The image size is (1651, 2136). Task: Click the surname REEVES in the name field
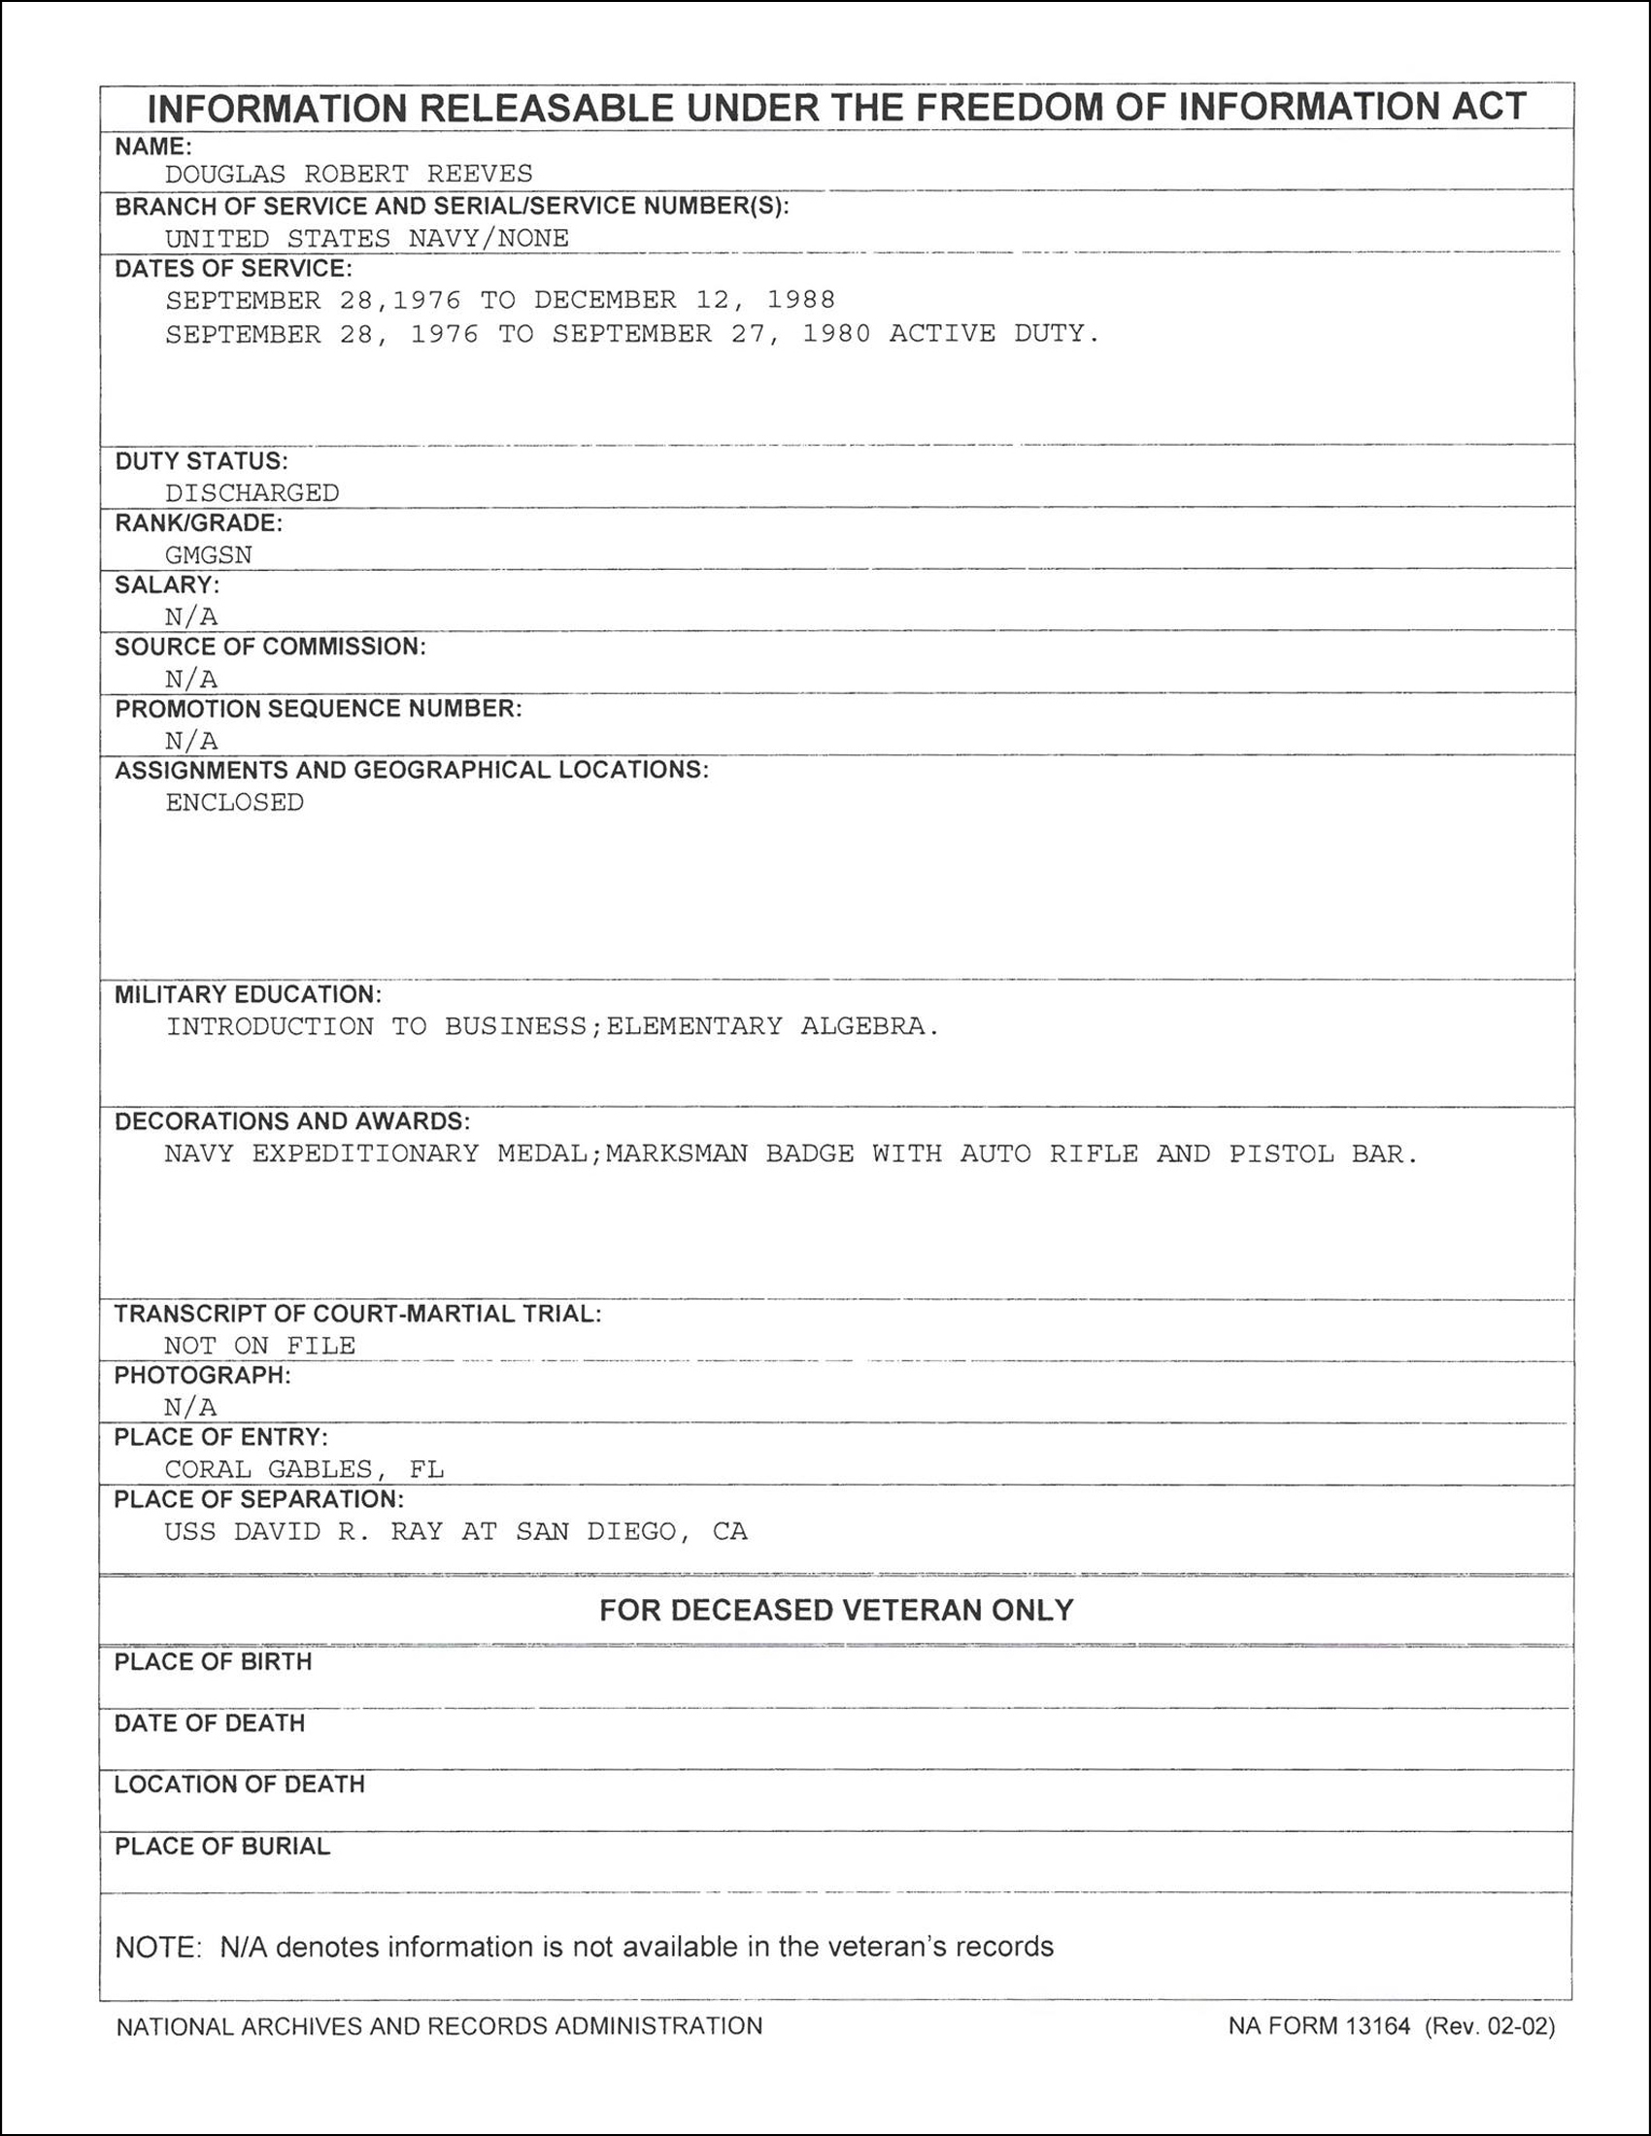coord(479,174)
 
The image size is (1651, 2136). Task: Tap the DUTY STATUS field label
coord(201,460)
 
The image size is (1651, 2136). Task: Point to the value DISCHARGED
coord(252,493)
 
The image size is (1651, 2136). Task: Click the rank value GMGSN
coord(209,554)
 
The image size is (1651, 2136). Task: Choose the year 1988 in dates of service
coord(801,299)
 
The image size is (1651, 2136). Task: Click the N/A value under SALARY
coord(190,617)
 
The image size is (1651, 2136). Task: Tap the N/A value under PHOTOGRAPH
coord(189,1407)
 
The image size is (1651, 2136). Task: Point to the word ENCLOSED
coord(235,802)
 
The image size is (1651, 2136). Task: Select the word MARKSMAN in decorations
coord(676,1154)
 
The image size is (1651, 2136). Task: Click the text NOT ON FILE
coord(259,1346)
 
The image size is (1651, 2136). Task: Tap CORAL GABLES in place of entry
coord(268,1469)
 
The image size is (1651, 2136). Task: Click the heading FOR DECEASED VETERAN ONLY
coord(836,1610)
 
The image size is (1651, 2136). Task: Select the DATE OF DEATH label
coord(210,1722)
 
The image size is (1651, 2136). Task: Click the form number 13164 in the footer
coord(1377,2025)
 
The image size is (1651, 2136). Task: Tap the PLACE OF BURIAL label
coord(222,1846)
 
